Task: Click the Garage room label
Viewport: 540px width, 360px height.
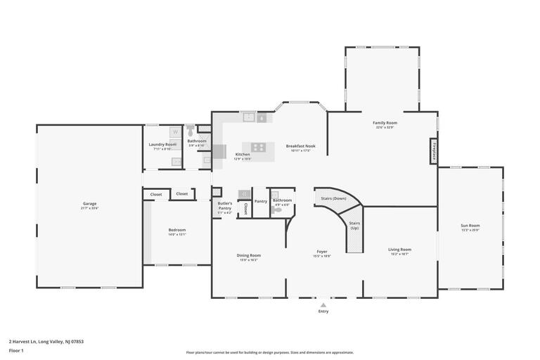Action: point(90,203)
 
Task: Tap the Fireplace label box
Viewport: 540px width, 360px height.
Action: point(434,151)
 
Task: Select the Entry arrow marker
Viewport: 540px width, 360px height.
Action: point(323,305)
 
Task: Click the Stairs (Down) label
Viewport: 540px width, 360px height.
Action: point(333,198)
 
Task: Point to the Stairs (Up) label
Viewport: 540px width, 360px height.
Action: point(354,226)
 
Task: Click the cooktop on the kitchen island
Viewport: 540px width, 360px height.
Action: point(259,147)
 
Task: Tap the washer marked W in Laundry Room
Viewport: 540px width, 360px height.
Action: point(175,131)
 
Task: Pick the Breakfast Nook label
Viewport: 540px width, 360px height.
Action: point(300,146)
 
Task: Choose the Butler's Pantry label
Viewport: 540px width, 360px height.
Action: point(224,206)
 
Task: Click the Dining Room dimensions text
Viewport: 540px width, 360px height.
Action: point(249,260)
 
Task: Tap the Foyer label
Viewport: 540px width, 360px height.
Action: point(322,251)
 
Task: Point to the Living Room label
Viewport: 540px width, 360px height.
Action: point(399,249)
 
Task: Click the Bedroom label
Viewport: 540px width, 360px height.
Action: point(177,229)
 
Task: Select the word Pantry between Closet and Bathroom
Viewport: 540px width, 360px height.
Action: point(261,201)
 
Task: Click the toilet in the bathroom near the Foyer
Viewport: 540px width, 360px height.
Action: point(276,210)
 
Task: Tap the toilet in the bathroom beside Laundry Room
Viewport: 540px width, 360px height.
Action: point(190,129)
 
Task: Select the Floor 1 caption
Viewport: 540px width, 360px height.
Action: point(16,350)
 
